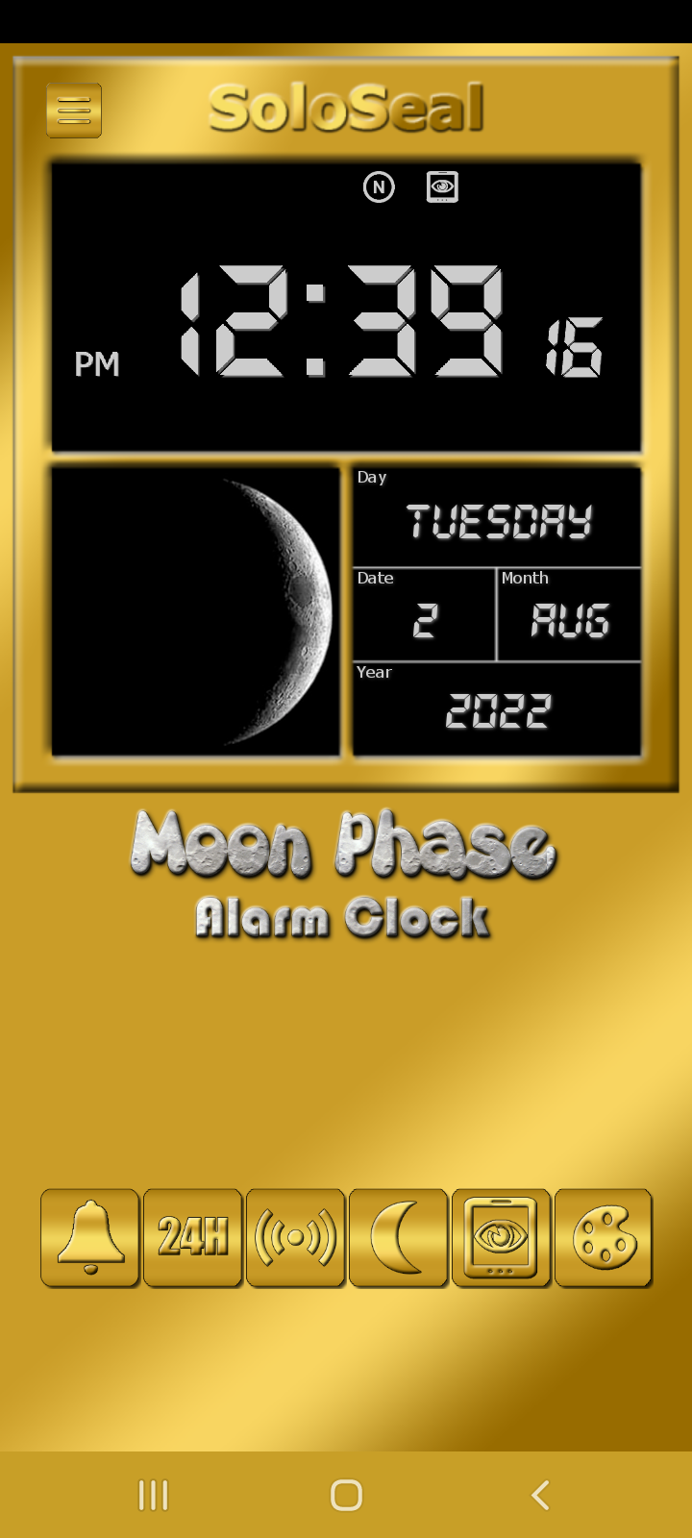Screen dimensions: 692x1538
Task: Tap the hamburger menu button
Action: point(74,110)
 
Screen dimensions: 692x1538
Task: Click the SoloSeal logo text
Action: point(347,107)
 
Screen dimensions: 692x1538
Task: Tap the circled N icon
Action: point(379,186)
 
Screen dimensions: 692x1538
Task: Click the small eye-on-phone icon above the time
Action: point(442,186)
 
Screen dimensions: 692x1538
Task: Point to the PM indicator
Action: point(97,364)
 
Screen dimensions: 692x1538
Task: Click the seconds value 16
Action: point(575,347)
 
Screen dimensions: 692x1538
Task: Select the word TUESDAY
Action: point(499,521)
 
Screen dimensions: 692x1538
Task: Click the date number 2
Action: point(425,621)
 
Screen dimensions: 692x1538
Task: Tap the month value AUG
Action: point(570,621)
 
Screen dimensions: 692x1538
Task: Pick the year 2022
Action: point(499,710)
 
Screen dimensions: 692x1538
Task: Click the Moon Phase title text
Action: point(342,844)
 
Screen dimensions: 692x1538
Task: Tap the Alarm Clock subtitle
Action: point(342,917)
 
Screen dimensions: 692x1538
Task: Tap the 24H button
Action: point(193,1237)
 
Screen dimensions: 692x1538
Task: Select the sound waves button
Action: point(295,1237)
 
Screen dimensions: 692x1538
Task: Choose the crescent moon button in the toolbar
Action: point(398,1237)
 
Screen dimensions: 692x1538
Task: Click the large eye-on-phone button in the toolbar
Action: point(501,1237)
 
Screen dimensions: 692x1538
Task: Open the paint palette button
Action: point(604,1237)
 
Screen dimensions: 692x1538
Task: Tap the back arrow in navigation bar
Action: point(541,1495)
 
